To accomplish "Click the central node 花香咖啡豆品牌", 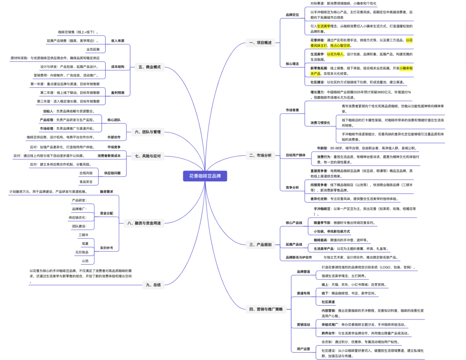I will coord(205,176).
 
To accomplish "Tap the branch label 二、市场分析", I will coord(260,155).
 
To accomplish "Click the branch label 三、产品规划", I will coord(260,244).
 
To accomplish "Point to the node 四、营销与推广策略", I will coord(266,309).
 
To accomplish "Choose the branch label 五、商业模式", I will coord(149,67).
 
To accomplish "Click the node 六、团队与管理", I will coord(148,132).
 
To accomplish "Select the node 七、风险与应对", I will coord(148,156).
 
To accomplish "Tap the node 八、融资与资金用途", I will coord(144,223).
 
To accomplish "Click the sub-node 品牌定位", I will coord(292,15).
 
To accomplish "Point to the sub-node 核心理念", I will coord(292,63).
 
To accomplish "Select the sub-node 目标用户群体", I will coord(296,155).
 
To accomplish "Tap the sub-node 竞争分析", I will coord(292,187).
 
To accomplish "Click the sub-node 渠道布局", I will coord(303,293).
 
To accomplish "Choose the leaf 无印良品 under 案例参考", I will coord(82,252).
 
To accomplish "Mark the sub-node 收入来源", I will coord(117,41).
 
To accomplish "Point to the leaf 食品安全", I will coord(86,182).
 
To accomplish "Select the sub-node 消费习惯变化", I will coord(320,123).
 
